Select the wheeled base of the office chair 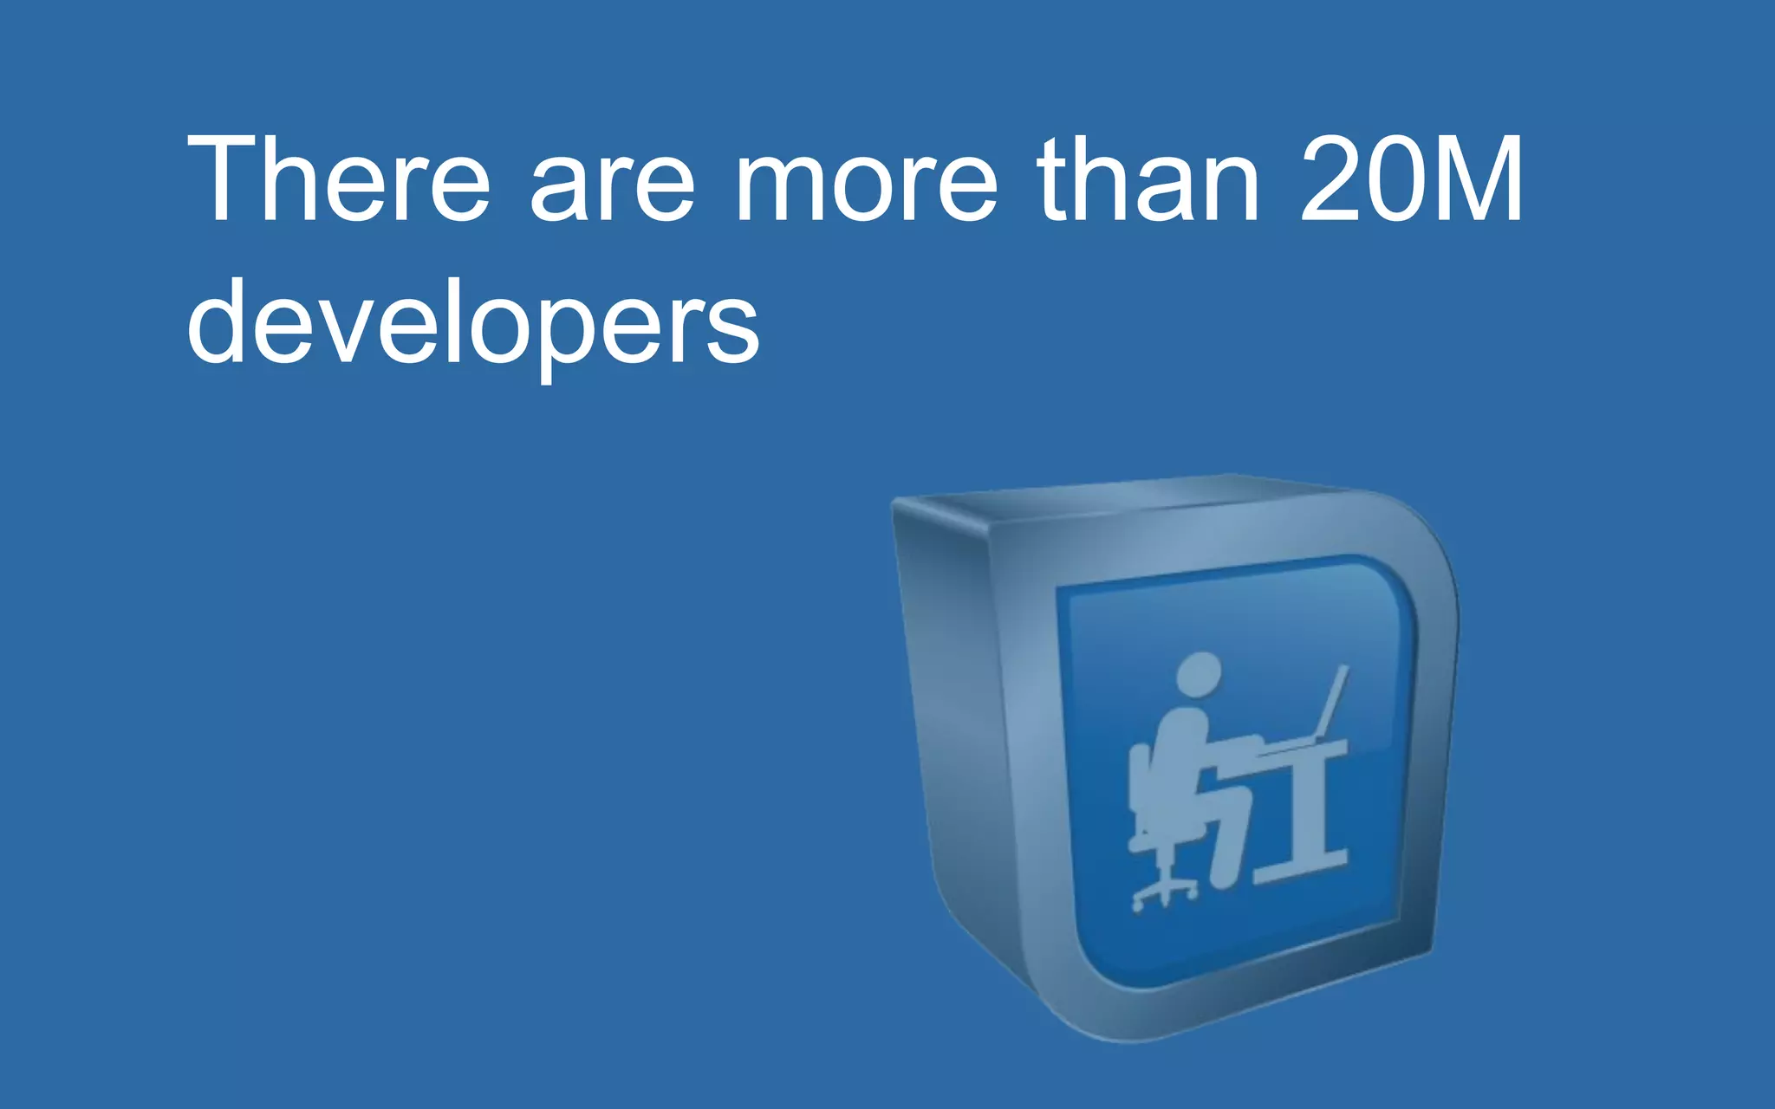coord(1165,892)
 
